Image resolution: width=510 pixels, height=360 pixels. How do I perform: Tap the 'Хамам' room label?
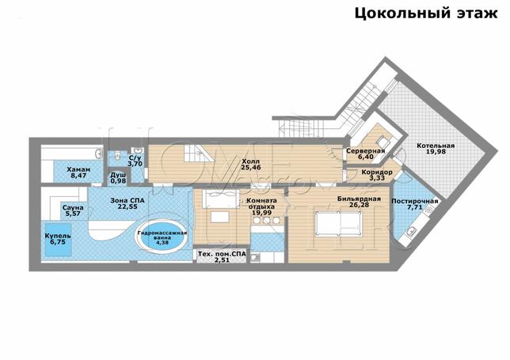(78, 169)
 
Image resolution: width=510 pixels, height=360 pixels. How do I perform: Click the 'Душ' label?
(117, 174)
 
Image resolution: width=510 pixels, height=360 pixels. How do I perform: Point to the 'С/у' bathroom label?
(135, 157)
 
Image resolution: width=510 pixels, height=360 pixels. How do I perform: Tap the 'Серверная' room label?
(366, 151)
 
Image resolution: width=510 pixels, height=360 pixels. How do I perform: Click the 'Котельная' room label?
(436, 147)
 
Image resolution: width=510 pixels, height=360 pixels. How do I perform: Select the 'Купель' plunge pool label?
(58, 236)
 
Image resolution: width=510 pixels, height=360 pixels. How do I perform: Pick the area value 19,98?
(436, 155)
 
